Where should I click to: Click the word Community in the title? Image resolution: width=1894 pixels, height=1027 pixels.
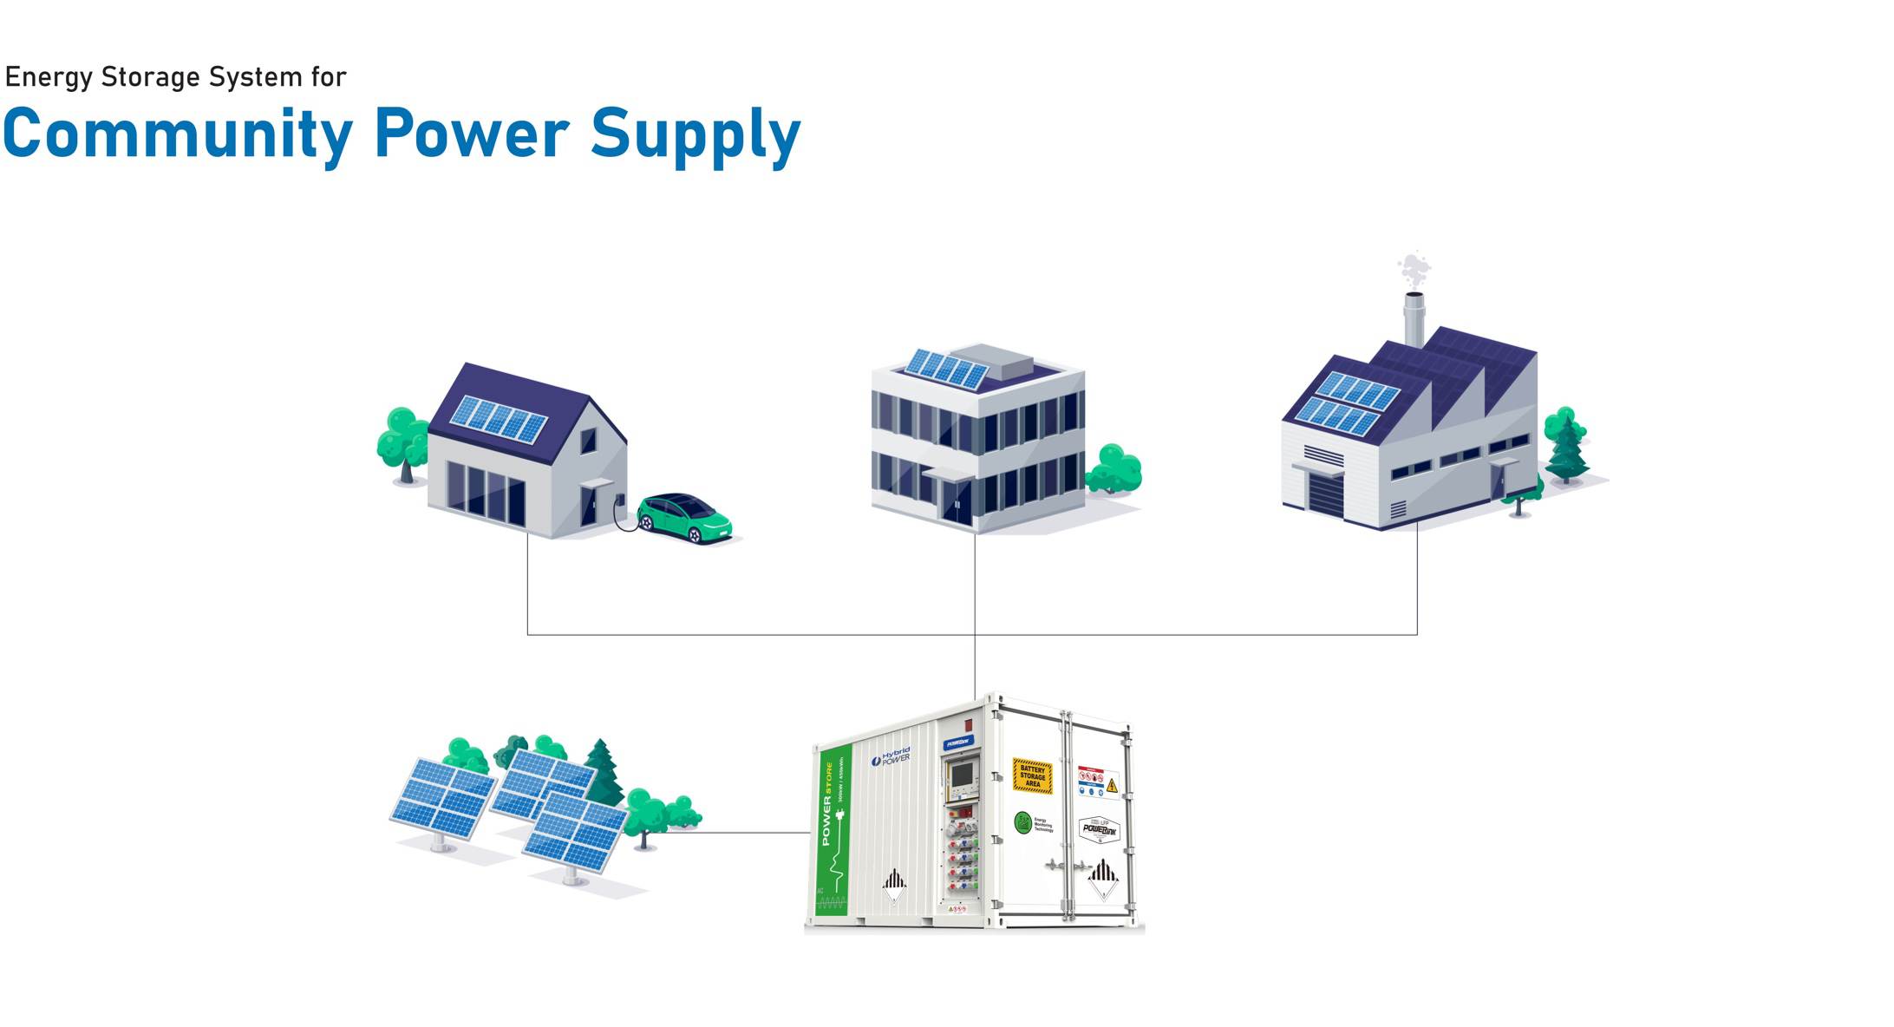coord(178,134)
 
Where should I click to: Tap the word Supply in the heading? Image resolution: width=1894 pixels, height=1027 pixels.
coord(695,134)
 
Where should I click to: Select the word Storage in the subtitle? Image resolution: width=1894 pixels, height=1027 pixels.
coord(150,77)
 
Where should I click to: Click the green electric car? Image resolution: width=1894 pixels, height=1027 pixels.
coord(685,518)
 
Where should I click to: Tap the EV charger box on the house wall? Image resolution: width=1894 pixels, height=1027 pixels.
coord(620,500)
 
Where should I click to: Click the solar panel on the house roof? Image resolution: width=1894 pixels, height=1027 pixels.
coord(499,417)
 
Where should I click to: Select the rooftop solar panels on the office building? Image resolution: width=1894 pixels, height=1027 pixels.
coord(946,369)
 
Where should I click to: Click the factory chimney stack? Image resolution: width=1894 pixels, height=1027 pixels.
coord(1413,319)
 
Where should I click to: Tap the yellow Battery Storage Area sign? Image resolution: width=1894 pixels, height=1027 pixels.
coord(1032,776)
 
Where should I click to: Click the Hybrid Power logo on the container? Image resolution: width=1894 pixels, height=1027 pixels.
coord(891,757)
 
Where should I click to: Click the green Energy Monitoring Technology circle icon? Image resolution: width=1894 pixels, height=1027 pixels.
coord(1023,822)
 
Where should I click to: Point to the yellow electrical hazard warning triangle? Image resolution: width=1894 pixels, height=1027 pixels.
coord(1112,786)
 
